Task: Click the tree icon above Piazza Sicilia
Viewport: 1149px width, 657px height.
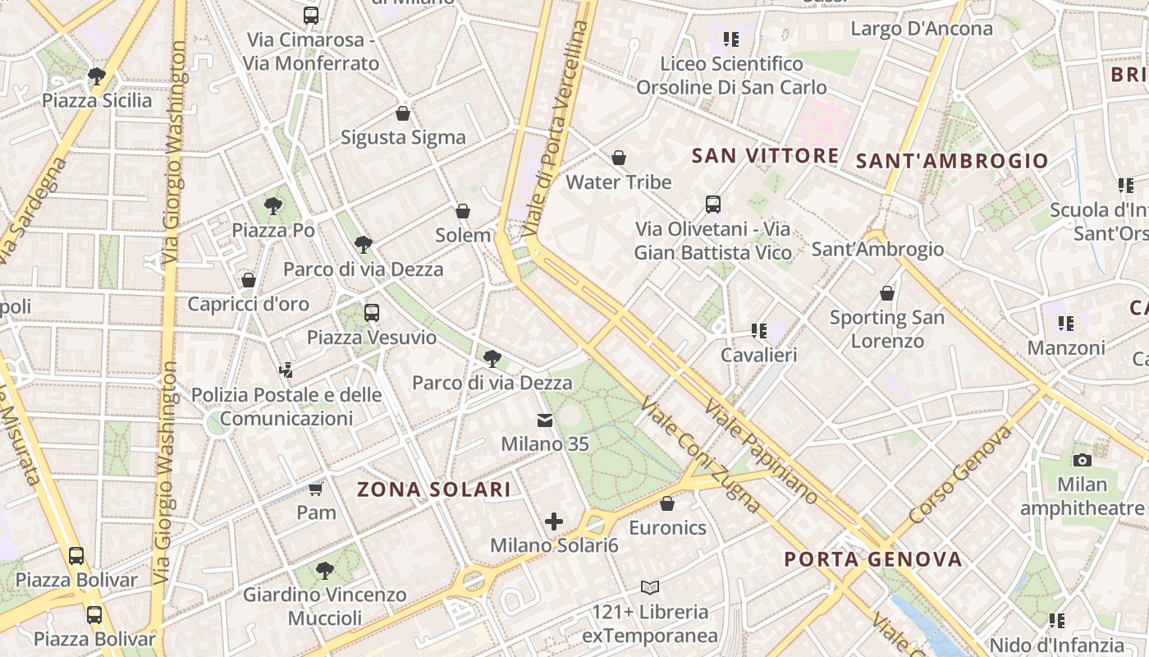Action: tap(97, 76)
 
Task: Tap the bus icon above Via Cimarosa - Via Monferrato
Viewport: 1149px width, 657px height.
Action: tap(311, 15)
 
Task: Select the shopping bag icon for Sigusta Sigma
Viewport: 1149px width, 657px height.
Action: tap(403, 113)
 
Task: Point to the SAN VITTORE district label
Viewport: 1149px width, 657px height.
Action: tap(765, 156)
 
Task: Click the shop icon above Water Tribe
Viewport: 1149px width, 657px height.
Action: tap(619, 157)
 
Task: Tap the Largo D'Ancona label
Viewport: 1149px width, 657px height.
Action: tap(922, 29)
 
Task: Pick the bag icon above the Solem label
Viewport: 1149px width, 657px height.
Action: tap(463, 211)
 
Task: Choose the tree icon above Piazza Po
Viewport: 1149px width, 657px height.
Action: tap(273, 205)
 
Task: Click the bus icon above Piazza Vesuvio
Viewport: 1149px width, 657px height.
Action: tap(372, 312)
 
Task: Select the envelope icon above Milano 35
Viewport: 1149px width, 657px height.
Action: tap(545, 420)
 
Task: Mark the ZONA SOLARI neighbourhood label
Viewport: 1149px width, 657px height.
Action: tap(434, 490)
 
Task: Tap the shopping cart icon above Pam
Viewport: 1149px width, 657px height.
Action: tap(316, 489)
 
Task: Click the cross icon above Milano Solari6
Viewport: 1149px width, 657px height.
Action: tap(554, 521)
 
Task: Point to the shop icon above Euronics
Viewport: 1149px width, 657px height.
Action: tap(667, 503)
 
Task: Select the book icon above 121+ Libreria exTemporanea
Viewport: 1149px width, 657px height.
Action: tap(650, 587)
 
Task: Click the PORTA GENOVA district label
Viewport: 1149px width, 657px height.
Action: tap(873, 560)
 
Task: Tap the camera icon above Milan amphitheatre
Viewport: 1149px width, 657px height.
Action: tap(1083, 460)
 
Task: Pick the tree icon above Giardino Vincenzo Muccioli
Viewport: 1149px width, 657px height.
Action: tap(325, 570)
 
